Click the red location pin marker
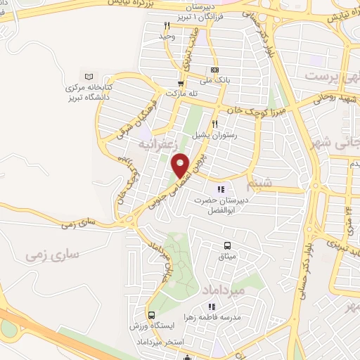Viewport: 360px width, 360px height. point(181,165)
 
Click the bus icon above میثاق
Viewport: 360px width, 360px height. point(227,245)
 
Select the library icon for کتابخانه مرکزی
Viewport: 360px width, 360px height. point(87,76)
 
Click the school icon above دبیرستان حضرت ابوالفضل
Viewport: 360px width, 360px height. point(221,188)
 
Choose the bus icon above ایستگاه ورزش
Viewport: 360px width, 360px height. point(151,314)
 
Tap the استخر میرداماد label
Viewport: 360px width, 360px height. point(157,342)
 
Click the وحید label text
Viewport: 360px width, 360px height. point(166,36)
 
